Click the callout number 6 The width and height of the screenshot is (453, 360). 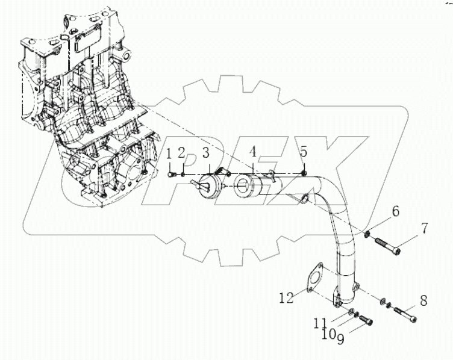[x=395, y=211]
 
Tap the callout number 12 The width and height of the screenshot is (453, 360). [x=287, y=296]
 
